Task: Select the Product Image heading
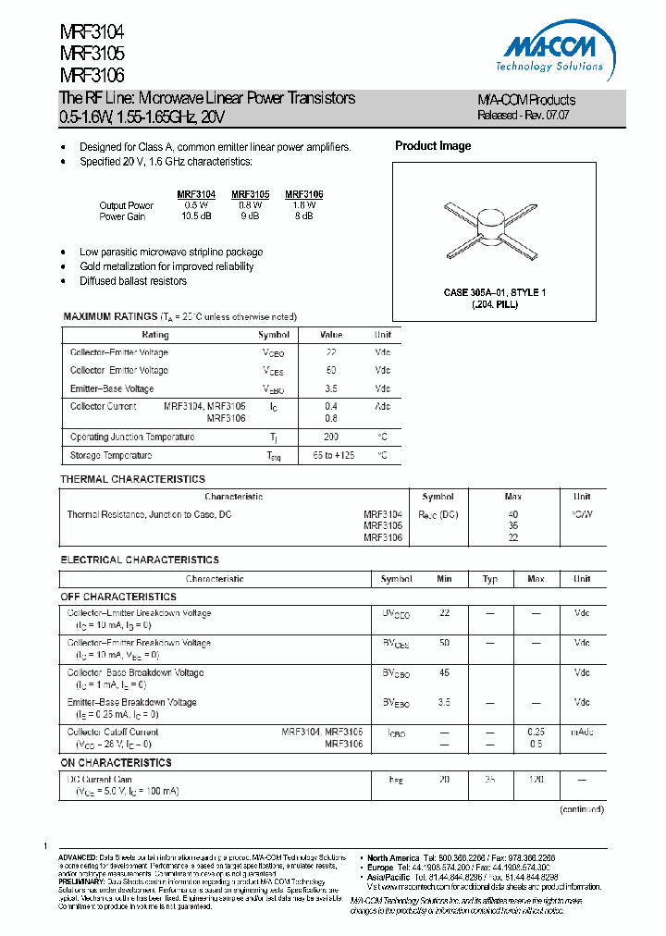432,146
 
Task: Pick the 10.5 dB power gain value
196,216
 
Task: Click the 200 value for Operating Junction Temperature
331,437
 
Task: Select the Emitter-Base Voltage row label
112,388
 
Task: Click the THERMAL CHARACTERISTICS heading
132,479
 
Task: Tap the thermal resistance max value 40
513,514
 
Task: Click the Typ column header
490,579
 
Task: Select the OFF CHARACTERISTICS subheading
118,597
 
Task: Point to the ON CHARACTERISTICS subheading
117,763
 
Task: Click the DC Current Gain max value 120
536,780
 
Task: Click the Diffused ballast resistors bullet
132,281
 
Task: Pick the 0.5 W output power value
196,205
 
